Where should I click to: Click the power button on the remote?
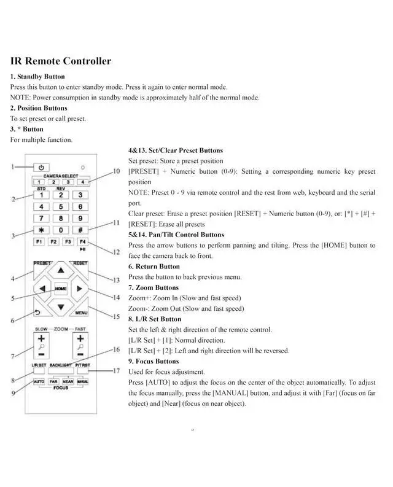41,167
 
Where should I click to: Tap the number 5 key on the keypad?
60,206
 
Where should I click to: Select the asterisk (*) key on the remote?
41,229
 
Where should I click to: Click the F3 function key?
69,241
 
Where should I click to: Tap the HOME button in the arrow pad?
60,288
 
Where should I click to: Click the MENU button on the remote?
81,312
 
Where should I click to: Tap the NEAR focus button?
67,381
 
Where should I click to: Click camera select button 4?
80,182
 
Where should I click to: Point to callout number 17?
116,370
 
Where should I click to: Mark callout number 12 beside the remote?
116,252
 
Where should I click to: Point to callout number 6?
13,320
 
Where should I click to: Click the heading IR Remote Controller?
61,61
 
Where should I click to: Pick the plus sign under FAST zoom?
80,338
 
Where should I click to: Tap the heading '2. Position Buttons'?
38,108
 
